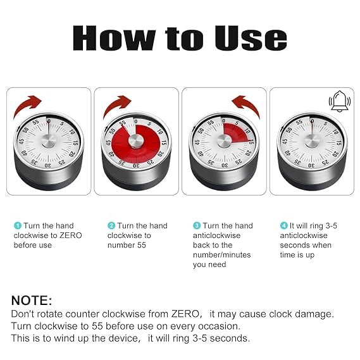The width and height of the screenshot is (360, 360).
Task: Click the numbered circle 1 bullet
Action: click(17, 226)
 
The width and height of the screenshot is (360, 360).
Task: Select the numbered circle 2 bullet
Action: click(111, 226)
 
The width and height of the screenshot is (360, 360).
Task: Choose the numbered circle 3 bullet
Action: click(196, 226)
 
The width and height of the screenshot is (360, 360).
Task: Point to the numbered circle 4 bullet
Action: click(283, 226)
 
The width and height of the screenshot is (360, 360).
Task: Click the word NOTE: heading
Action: click(32, 301)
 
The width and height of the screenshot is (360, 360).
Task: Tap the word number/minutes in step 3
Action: click(221, 255)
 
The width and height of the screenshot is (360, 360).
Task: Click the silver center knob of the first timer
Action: click(48, 140)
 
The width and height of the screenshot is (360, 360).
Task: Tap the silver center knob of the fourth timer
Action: click(311, 140)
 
